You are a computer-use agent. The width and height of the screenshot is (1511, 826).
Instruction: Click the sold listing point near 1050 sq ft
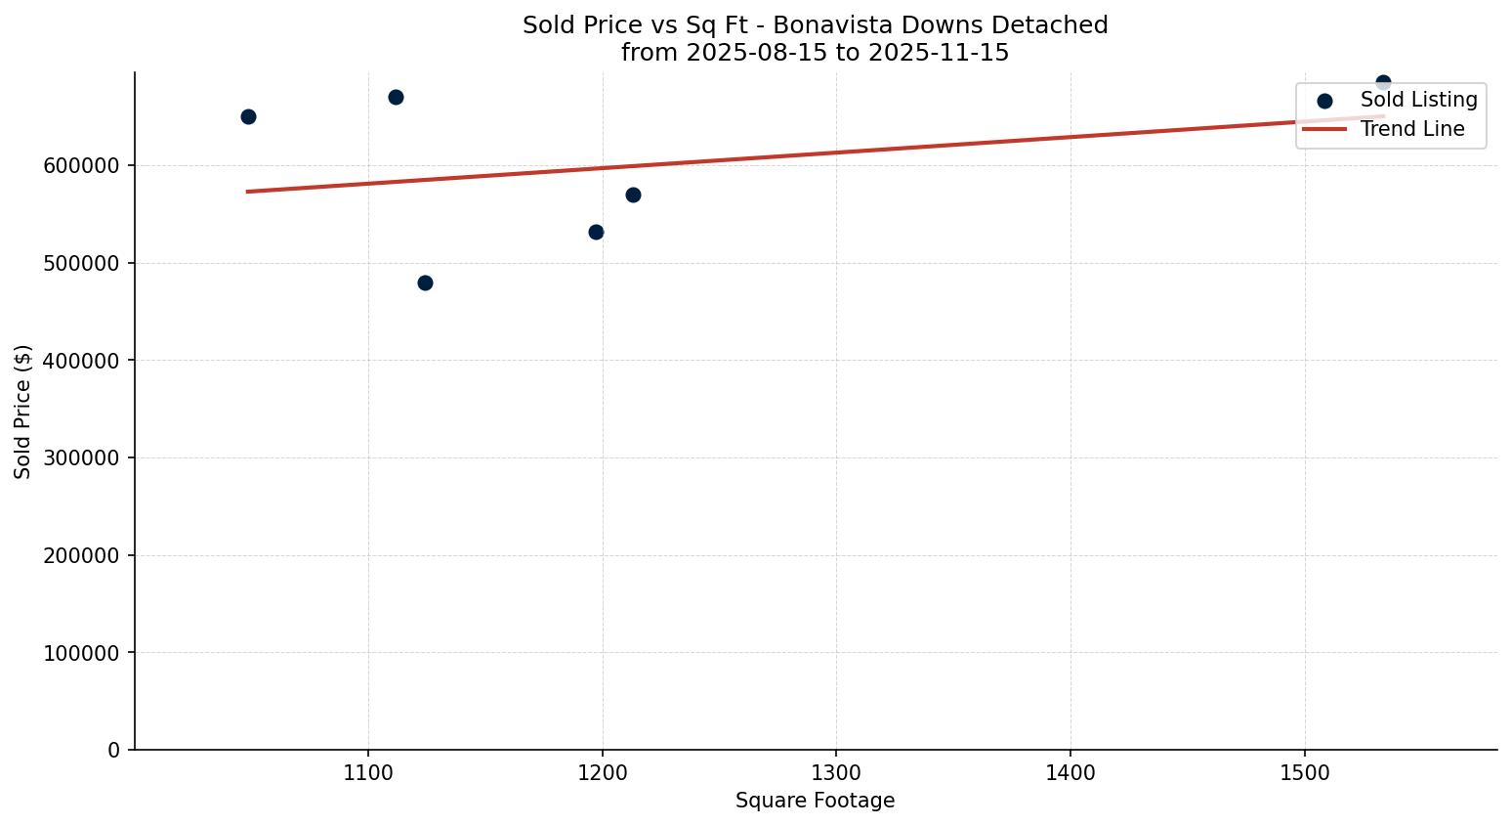coord(248,116)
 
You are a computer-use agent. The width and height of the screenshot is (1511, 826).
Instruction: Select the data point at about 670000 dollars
coord(396,97)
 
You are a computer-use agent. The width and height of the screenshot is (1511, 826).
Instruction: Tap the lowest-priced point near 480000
coord(425,283)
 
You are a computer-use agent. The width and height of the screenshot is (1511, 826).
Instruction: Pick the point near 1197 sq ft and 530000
coord(596,232)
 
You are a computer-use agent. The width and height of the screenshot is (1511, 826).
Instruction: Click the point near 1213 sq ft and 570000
coord(633,195)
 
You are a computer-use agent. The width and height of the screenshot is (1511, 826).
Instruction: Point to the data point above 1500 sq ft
coord(1383,83)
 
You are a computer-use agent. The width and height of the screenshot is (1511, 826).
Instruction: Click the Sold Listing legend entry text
coord(1418,100)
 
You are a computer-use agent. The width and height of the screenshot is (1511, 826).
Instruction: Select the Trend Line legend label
coord(1412,129)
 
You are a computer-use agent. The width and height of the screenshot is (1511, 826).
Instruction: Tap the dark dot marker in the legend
coord(1324,101)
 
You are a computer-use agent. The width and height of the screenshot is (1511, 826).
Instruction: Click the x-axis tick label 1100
coord(368,772)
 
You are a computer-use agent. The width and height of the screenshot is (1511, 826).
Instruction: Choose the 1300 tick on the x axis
coord(836,772)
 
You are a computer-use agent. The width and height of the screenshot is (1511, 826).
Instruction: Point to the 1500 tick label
coord(1304,772)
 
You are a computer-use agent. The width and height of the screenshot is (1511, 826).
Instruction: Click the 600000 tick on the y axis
coord(81,166)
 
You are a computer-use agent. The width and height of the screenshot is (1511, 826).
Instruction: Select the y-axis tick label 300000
coord(81,458)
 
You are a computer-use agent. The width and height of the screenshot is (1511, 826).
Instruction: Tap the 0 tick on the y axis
coord(114,751)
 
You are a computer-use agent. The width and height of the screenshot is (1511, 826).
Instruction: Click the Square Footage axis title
coord(815,802)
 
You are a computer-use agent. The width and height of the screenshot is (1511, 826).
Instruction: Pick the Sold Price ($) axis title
coord(23,412)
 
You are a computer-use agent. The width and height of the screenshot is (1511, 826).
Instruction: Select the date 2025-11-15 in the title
coord(938,53)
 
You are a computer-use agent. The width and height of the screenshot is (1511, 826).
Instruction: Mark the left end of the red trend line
coord(248,192)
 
